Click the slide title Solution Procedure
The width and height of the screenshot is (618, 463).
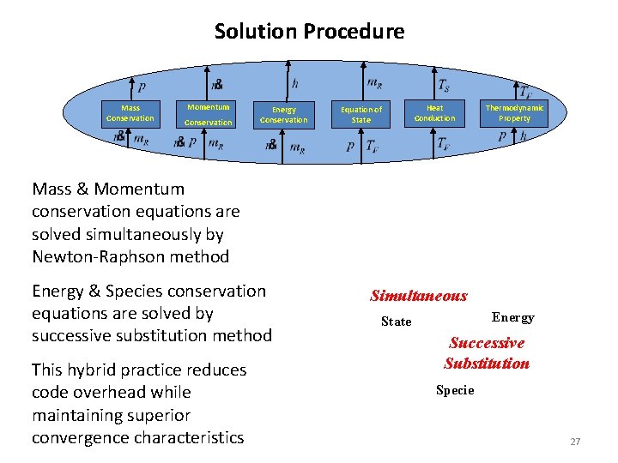point(309,32)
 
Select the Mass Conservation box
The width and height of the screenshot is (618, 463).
point(130,113)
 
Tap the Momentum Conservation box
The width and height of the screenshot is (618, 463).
point(209,114)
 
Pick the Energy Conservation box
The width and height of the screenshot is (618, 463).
point(283,115)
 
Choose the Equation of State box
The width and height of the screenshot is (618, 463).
point(361,115)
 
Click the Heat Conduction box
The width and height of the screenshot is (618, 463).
point(435,113)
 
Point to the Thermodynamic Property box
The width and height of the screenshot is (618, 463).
point(514,113)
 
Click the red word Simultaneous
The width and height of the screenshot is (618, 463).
point(418,297)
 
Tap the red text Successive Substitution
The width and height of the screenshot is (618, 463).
point(487,353)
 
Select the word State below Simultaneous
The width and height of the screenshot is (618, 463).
point(396,322)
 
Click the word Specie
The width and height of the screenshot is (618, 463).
point(455,390)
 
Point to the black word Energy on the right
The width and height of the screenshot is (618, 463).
point(512,318)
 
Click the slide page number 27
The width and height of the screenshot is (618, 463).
point(575,442)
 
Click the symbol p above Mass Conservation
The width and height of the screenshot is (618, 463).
point(142,87)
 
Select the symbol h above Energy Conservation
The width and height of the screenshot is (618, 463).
point(295,84)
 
